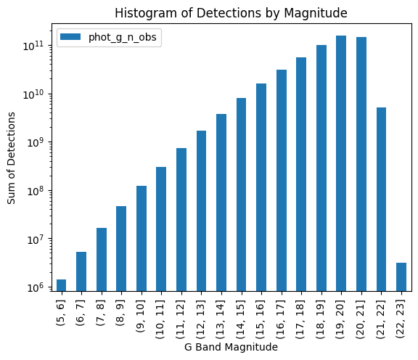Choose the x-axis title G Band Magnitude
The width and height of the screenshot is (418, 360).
pos(231,348)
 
